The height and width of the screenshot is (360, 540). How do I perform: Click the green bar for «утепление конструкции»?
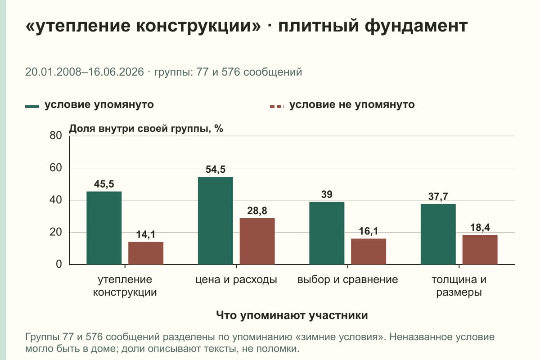104,228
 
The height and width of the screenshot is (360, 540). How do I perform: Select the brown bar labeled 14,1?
146,253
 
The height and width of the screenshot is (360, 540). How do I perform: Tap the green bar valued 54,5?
215,220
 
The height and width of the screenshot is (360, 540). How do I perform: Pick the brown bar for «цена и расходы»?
257,241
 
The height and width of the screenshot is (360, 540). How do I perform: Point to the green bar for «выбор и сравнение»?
327,233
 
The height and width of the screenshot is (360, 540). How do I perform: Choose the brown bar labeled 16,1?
369,252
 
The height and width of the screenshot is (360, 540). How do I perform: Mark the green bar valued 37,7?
438,234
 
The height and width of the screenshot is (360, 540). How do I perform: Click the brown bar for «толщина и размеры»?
480,250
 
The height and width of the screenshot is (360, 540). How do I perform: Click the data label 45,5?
104,184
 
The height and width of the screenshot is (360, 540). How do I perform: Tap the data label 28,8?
257,211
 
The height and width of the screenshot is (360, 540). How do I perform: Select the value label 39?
327,194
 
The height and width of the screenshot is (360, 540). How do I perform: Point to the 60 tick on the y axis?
56,168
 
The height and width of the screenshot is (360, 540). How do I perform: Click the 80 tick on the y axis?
56,135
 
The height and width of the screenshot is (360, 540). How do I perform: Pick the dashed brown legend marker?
277,107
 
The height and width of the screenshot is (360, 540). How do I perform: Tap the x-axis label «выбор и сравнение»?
347,279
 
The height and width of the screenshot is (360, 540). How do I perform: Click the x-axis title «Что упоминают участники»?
292,315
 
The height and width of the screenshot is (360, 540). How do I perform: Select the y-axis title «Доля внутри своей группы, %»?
146,129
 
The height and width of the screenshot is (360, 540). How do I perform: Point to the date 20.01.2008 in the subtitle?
53,72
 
